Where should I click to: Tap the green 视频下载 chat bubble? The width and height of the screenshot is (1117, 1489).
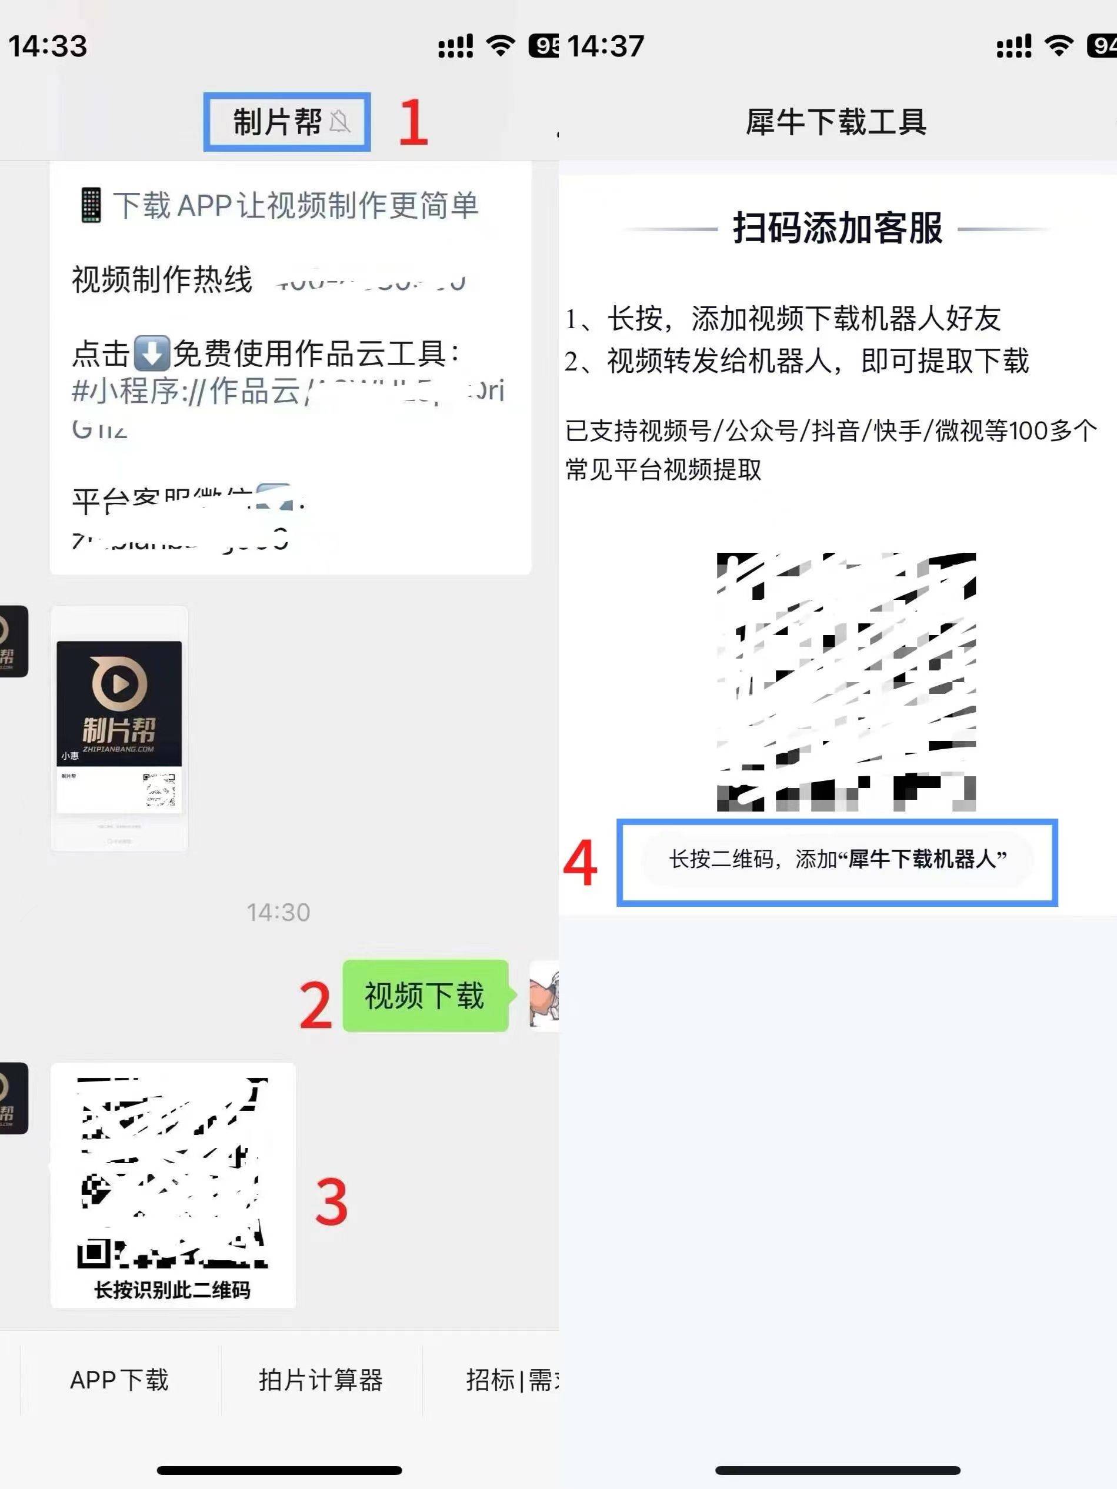point(425,996)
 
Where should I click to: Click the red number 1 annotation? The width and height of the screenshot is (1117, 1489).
point(413,122)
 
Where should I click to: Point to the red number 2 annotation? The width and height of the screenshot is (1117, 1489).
point(315,1005)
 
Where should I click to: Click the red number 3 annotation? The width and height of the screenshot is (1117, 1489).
point(331,1201)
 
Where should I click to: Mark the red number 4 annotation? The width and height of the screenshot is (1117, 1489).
point(580,863)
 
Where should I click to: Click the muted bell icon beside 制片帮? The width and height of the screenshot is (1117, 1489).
point(340,122)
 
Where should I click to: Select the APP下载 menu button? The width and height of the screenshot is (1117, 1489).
point(119,1379)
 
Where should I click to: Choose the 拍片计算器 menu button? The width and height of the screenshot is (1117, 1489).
point(321,1379)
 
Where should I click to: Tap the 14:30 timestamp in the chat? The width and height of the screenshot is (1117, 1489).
point(278,912)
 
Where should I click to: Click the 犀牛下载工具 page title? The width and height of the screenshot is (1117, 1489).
point(836,122)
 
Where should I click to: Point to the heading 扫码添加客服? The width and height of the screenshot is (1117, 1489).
point(837,228)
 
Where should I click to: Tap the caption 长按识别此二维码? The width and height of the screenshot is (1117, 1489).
point(172,1290)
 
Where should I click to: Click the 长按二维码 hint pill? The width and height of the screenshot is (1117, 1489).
point(837,859)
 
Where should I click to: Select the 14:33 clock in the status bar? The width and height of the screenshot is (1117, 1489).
point(48,46)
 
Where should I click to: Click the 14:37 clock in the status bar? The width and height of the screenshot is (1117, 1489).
point(605,46)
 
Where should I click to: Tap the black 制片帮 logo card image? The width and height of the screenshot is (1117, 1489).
point(119,703)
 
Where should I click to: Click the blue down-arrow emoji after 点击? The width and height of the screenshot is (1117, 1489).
point(152,354)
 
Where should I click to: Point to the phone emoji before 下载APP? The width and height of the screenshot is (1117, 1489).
point(91,205)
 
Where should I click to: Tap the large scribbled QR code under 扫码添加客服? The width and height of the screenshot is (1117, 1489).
point(846,681)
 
